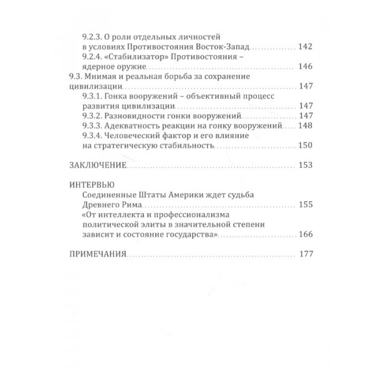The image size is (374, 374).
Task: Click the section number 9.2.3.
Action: point(93,37)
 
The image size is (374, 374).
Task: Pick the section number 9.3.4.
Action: point(93,135)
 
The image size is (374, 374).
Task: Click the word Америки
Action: point(177,194)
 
